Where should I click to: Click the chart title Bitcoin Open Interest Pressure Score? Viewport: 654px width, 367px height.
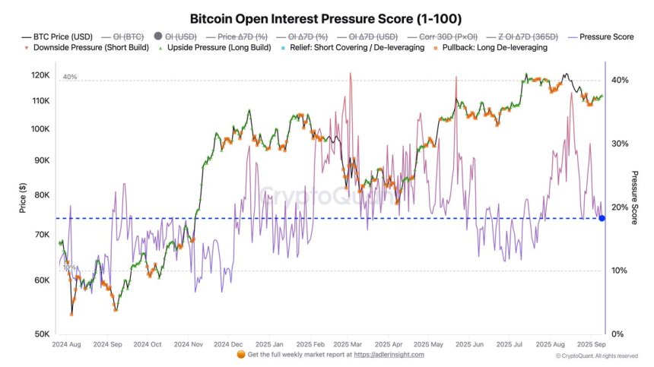325,17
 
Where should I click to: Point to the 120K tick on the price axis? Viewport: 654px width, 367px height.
40,75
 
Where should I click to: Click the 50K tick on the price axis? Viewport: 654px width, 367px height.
43,334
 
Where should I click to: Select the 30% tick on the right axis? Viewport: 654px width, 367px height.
620,144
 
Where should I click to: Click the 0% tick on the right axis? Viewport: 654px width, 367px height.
618,334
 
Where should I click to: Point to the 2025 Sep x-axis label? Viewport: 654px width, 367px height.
590,344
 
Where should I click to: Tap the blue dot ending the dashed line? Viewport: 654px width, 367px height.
602,218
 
